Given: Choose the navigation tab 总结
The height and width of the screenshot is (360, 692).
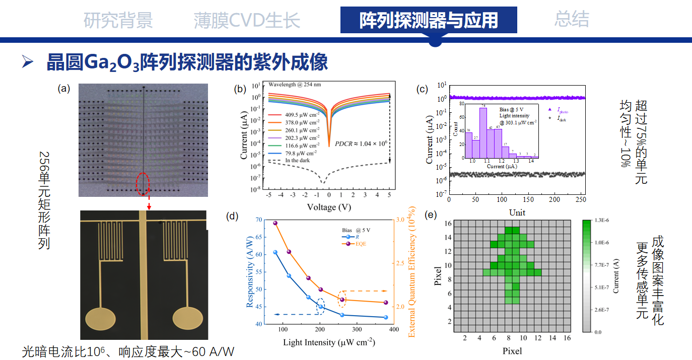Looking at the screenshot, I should click(x=572, y=19).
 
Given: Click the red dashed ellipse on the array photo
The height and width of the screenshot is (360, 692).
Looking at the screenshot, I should click(x=143, y=184).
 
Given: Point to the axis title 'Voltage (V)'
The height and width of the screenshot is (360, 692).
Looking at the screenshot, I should click(x=328, y=207).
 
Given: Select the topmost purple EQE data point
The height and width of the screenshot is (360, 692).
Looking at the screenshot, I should click(x=275, y=223).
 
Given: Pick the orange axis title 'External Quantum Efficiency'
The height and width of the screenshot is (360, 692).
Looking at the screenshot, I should click(x=411, y=272).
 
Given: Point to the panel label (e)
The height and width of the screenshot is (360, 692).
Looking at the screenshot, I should click(x=431, y=215).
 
